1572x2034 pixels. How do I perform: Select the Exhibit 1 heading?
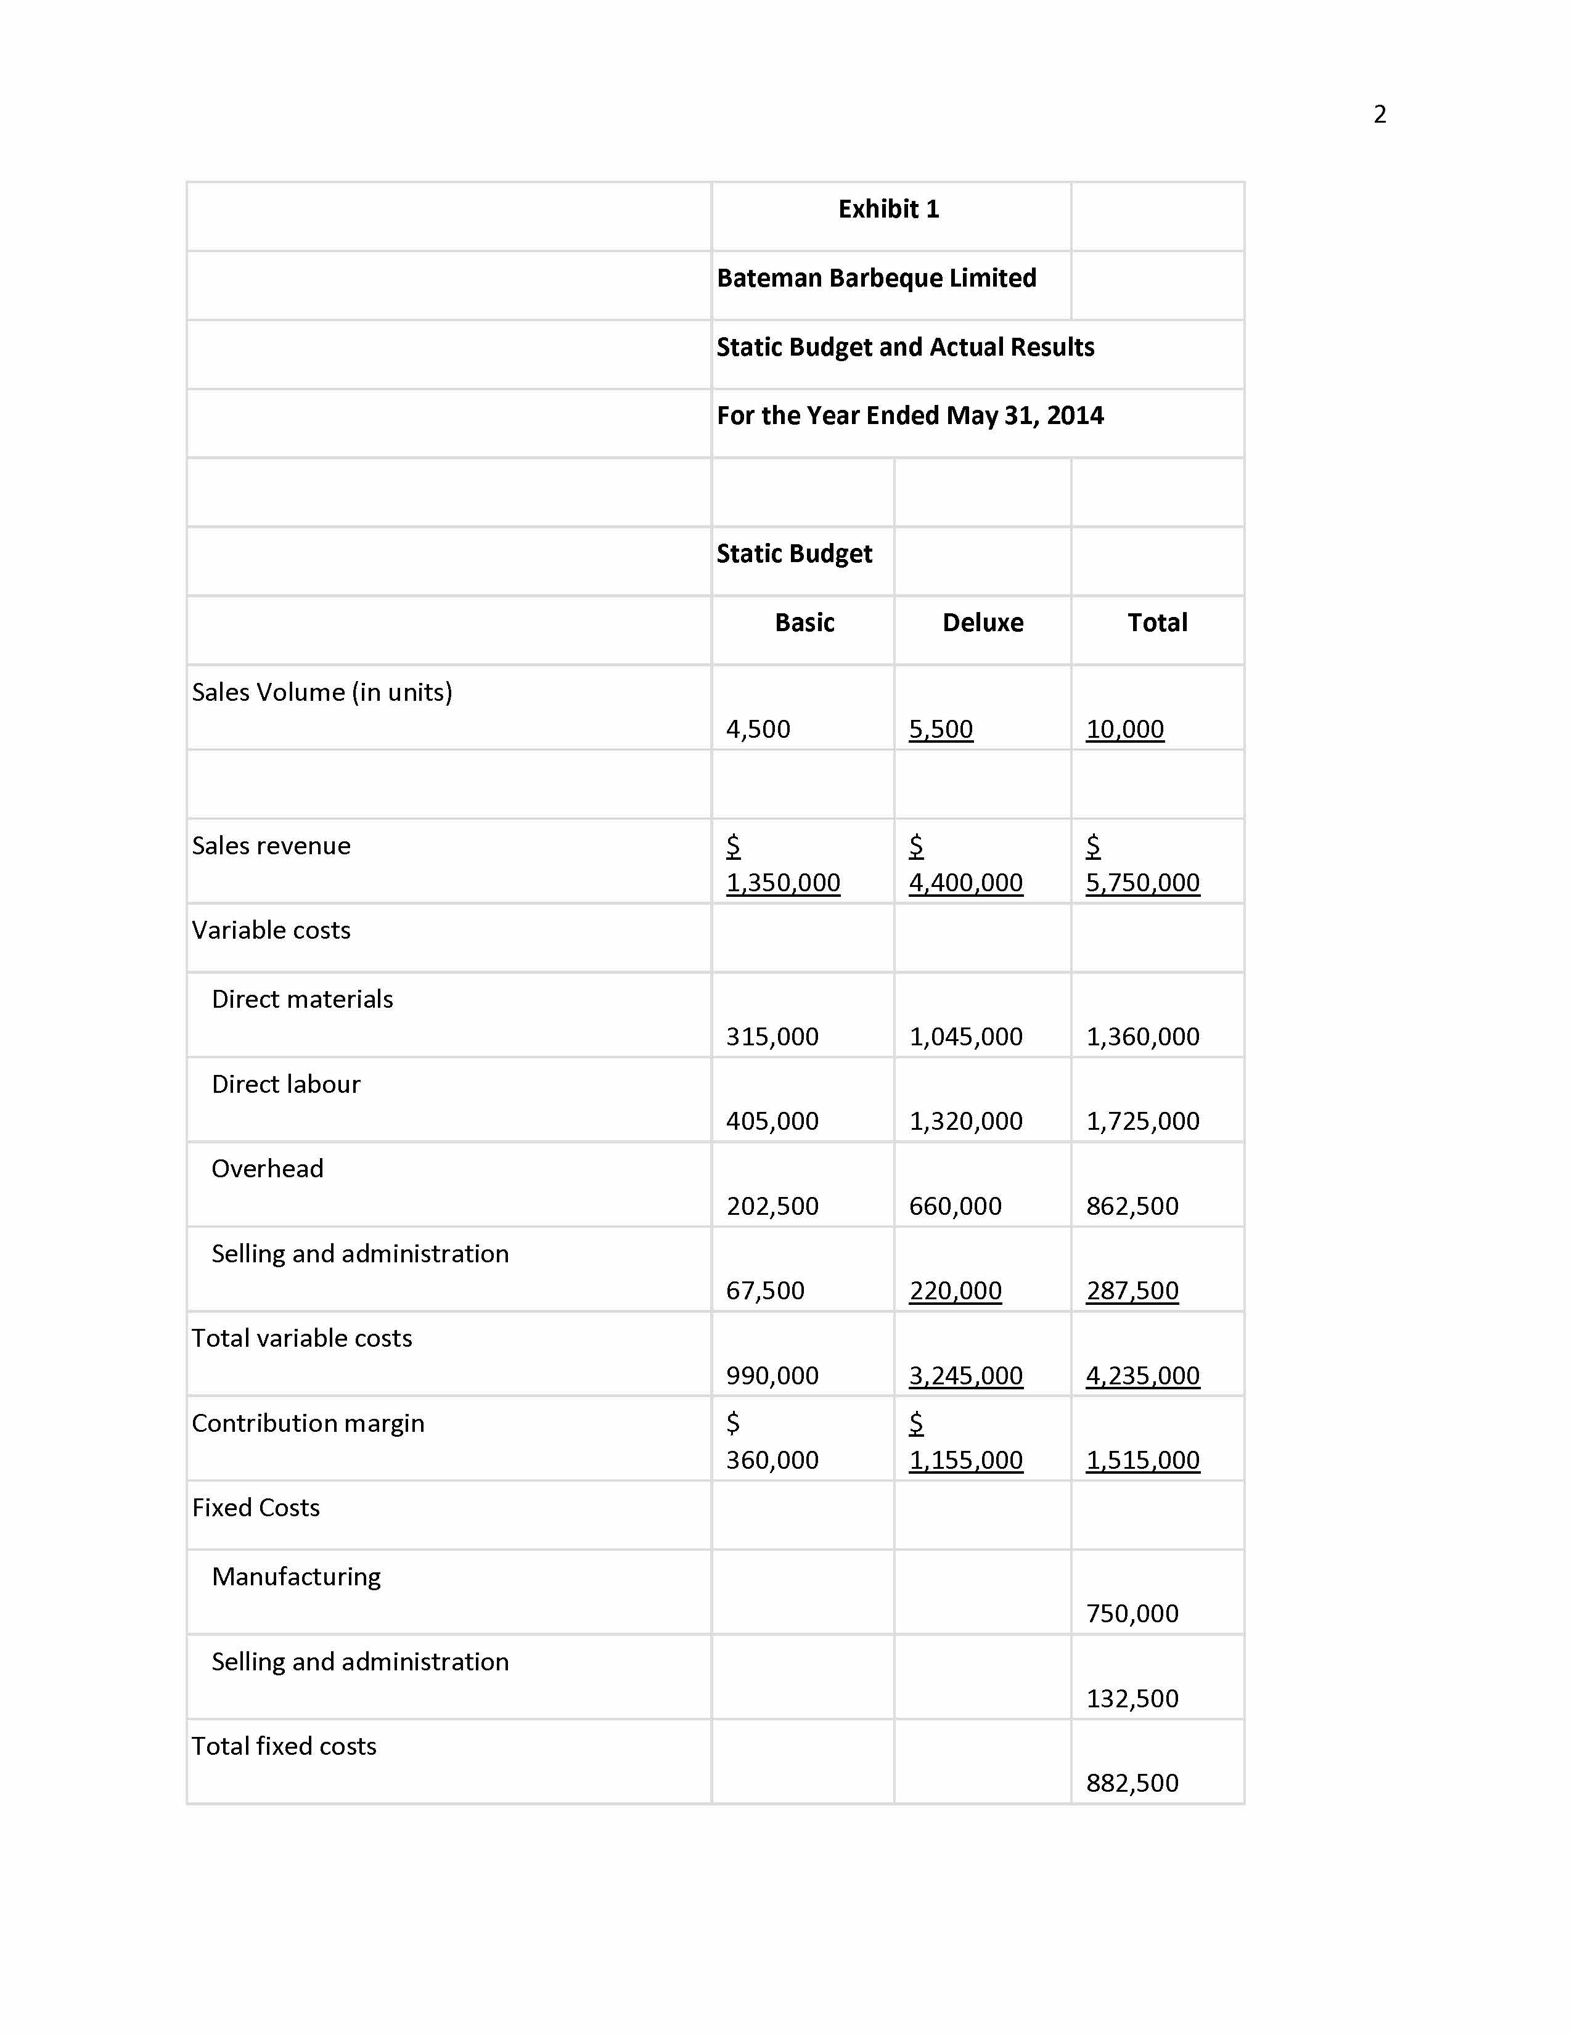pos(888,210)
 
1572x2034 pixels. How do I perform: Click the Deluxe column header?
pos(983,623)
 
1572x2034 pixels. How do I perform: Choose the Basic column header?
pos(804,623)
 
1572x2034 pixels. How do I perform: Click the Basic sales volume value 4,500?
pos(758,729)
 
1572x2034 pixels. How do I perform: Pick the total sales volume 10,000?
pos(1125,729)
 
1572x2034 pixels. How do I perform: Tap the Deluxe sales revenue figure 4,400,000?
pos(966,883)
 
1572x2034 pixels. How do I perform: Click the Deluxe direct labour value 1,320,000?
pos(966,1121)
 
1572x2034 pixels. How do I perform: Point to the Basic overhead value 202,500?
pos(772,1206)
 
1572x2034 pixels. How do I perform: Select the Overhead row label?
pos(268,1169)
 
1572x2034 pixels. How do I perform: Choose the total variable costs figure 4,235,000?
pos(1143,1376)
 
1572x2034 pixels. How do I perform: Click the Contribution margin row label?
pos(308,1423)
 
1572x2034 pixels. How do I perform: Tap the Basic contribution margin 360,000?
pos(772,1460)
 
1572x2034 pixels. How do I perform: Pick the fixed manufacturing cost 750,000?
pos(1132,1614)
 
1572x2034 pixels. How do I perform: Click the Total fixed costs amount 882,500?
pos(1132,1784)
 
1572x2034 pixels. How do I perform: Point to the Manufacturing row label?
pos(296,1577)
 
